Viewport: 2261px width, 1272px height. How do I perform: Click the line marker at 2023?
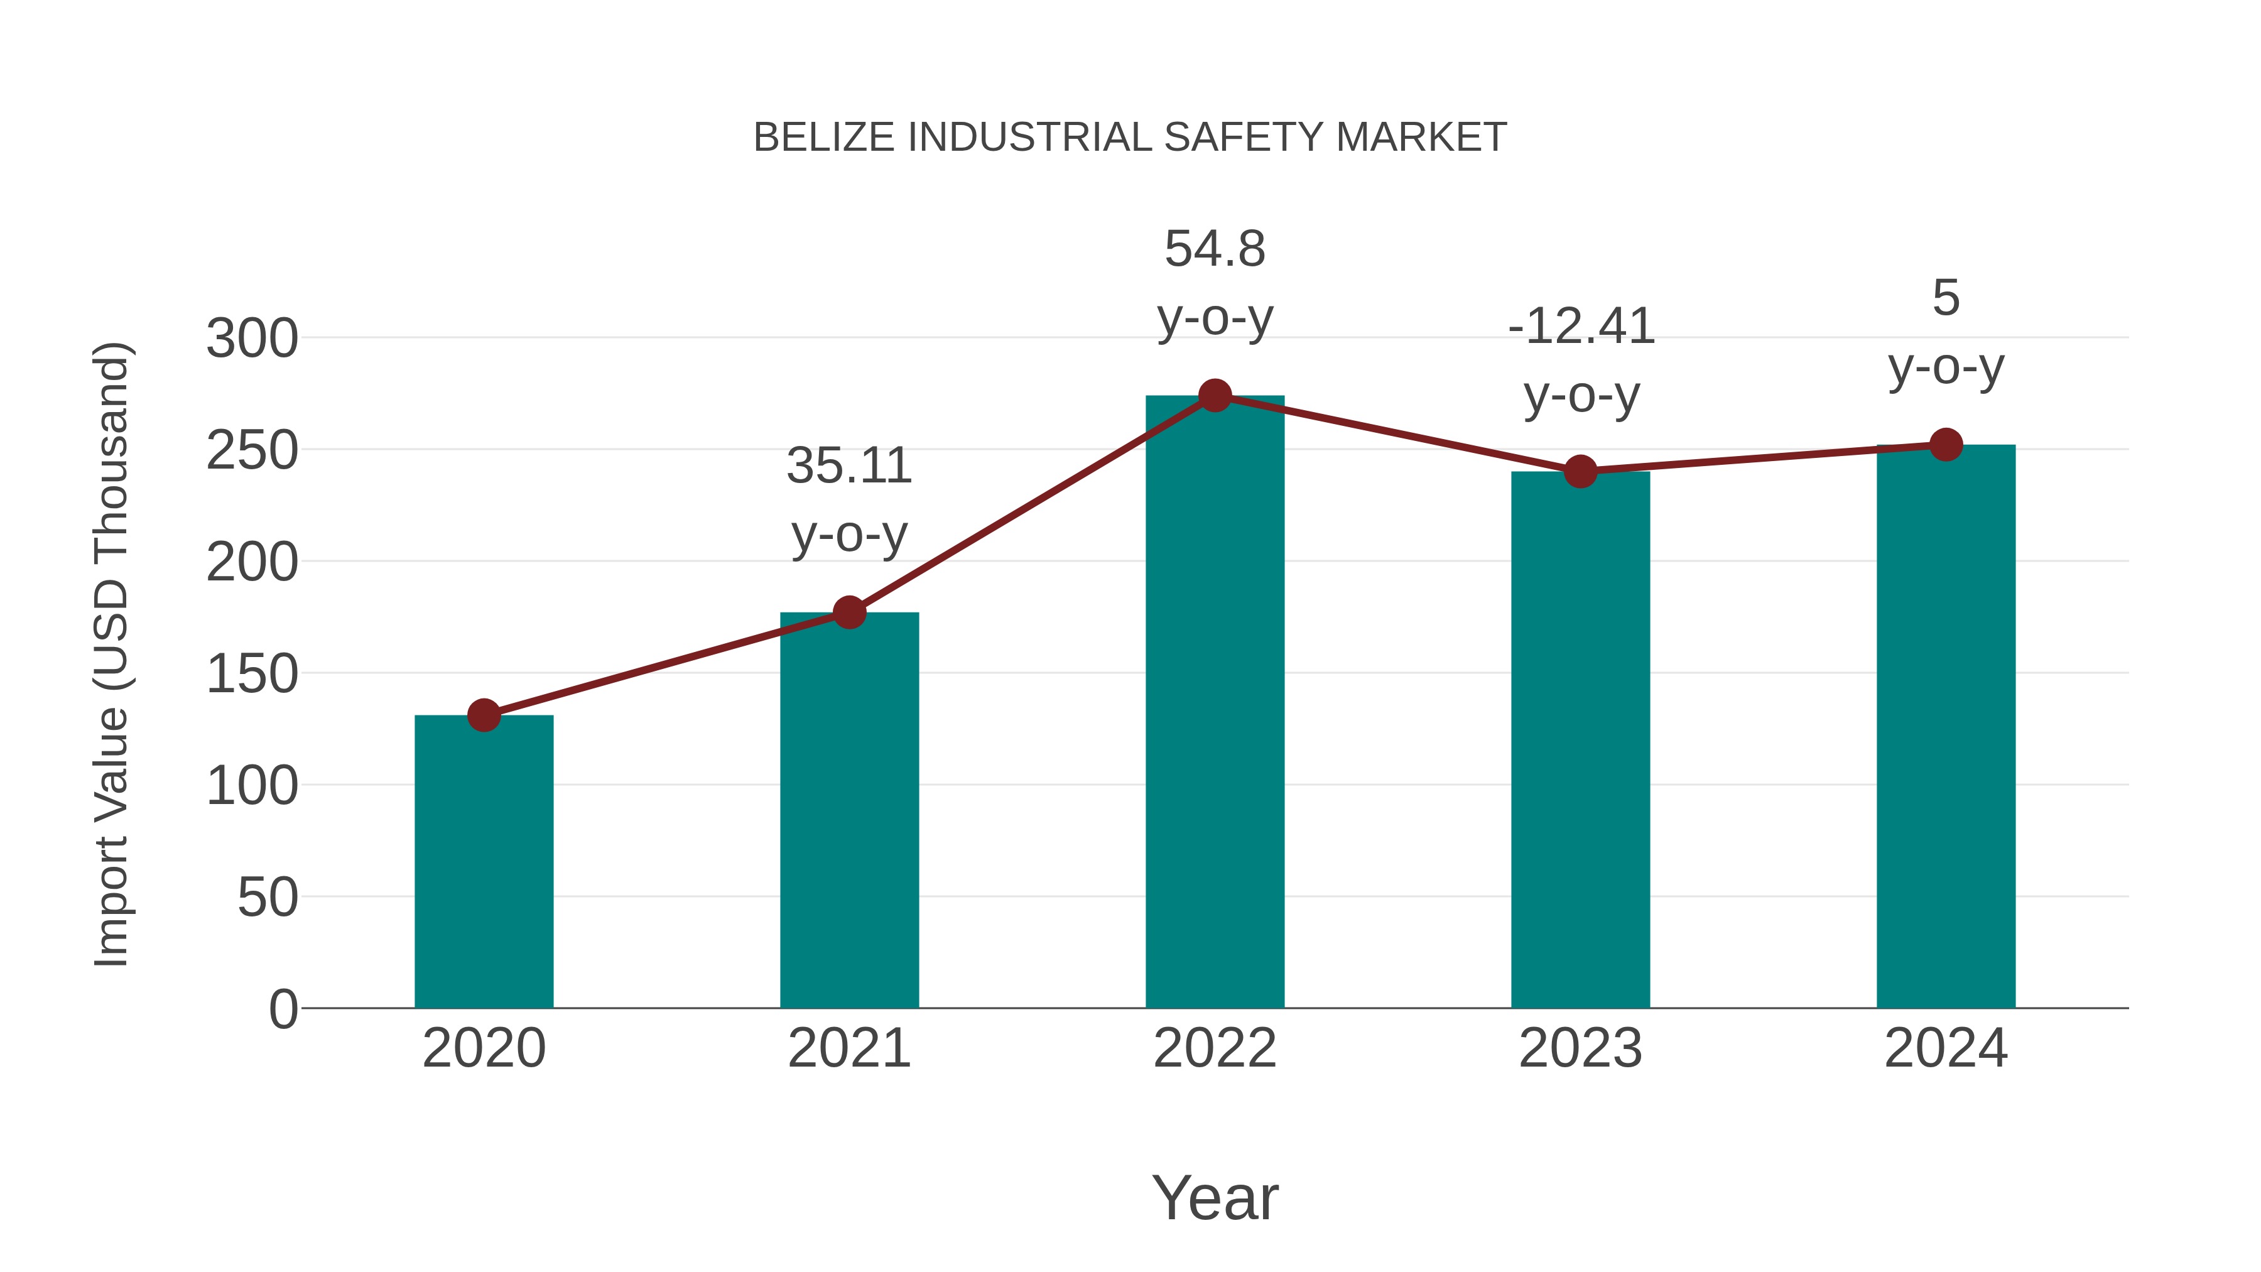click(1580, 471)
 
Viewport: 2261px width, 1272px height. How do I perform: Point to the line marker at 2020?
click(484, 715)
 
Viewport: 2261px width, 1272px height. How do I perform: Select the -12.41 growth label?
click(1581, 327)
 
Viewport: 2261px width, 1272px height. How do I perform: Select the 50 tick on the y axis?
click(267, 898)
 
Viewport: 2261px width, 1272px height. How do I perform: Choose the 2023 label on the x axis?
click(1580, 1048)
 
